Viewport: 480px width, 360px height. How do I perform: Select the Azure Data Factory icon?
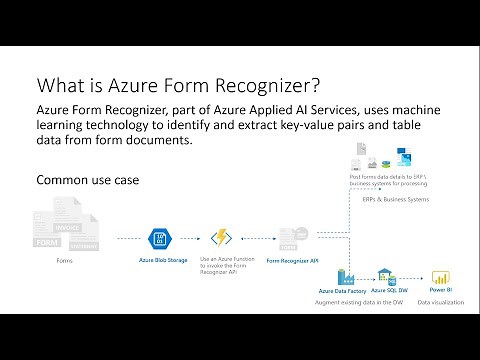tap(352, 275)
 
